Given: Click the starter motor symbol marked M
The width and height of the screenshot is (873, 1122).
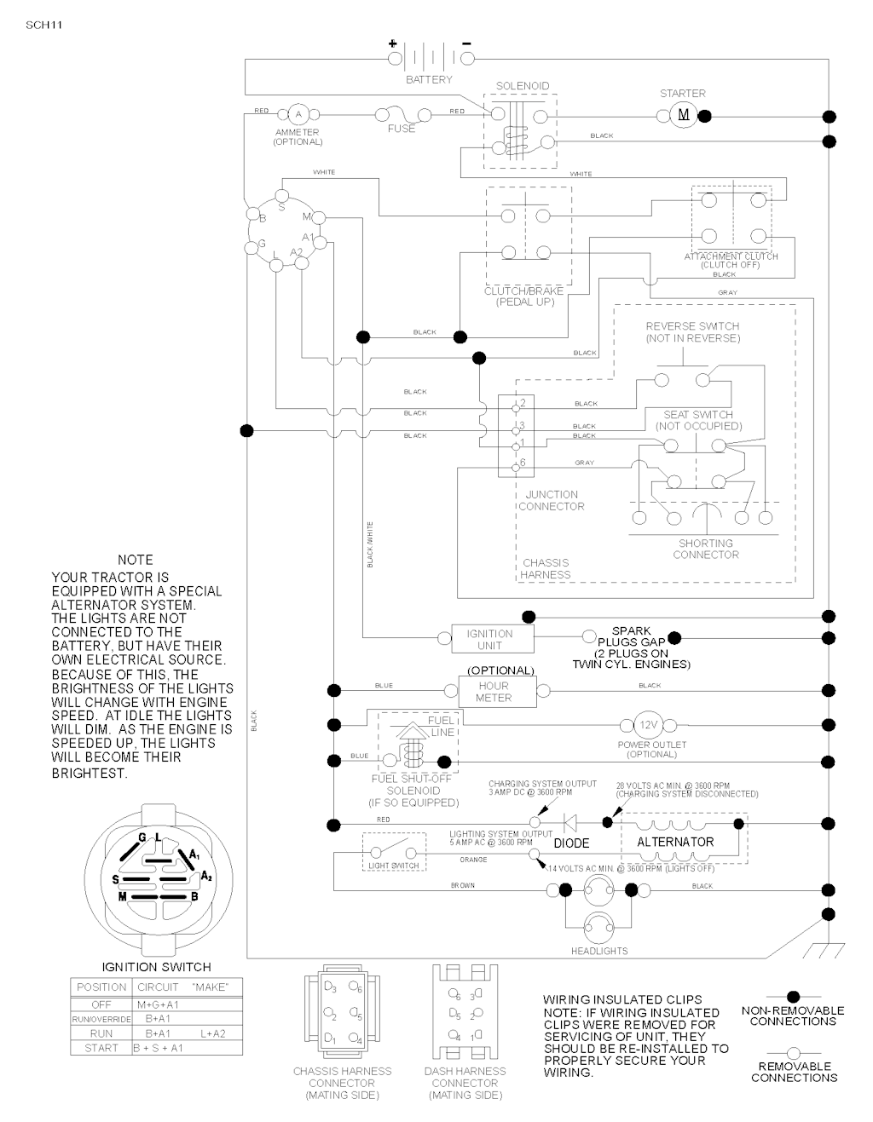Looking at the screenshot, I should click(x=683, y=116).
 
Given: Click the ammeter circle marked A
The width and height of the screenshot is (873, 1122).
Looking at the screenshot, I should click(x=298, y=114).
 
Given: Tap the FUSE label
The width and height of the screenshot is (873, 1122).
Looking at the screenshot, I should click(x=402, y=129).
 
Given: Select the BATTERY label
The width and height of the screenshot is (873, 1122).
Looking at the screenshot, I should click(x=429, y=80).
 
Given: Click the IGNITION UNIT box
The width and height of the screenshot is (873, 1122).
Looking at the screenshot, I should click(x=489, y=639).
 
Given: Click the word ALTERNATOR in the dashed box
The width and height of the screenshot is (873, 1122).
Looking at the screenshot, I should click(x=675, y=842).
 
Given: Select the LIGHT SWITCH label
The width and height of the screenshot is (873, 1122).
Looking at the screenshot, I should click(x=393, y=866).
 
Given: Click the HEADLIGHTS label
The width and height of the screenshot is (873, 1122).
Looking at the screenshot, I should click(x=599, y=951).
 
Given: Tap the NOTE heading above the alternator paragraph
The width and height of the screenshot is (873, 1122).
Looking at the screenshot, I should click(x=135, y=560).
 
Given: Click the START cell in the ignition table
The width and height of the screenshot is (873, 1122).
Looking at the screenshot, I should click(x=101, y=1048).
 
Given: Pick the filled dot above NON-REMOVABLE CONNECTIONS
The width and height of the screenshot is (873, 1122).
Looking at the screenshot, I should click(x=793, y=996).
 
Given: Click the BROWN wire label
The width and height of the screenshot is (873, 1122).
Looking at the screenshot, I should click(x=463, y=886).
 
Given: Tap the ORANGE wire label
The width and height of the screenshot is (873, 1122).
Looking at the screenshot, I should click(x=473, y=860).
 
